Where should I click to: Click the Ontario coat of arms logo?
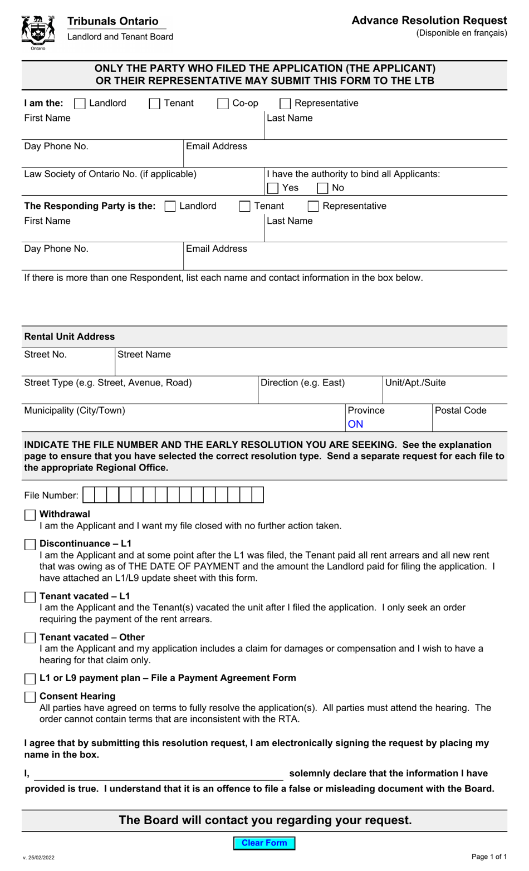coord(38,32)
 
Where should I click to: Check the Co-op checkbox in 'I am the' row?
coord(223,104)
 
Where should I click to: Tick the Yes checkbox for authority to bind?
coord(273,188)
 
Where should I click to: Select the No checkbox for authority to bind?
coord(322,188)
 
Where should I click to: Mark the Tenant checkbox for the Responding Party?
coord(244,207)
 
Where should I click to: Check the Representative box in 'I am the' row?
coord(285,104)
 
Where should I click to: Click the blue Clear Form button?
coord(264,843)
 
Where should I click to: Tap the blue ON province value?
coord(355,424)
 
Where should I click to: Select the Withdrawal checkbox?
coord(30,515)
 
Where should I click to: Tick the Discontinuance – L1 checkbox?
coord(30,545)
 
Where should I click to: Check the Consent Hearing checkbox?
coord(30,697)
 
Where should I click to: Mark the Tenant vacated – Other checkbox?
coord(30,638)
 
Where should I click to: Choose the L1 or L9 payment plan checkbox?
coord(30,679)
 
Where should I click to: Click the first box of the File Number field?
coord(89,495)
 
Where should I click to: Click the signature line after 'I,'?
coord(159,774)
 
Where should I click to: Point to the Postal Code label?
coord(460,411)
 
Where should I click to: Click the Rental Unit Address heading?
coord(70,337)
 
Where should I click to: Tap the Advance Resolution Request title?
coord(429,21)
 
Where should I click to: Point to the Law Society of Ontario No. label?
coord(110,174)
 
